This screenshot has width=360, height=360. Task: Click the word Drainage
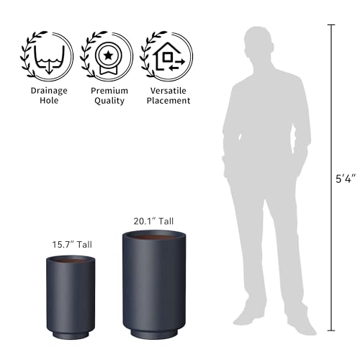click(49, 91)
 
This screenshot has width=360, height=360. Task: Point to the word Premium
click(109, 91)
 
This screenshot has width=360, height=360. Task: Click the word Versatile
click(168, 91)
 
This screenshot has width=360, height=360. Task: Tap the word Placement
click(168, 100)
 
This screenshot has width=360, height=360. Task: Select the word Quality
click(109, 101)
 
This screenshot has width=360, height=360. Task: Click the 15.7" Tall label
click(72, 245)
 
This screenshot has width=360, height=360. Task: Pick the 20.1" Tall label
click(153, 221)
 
